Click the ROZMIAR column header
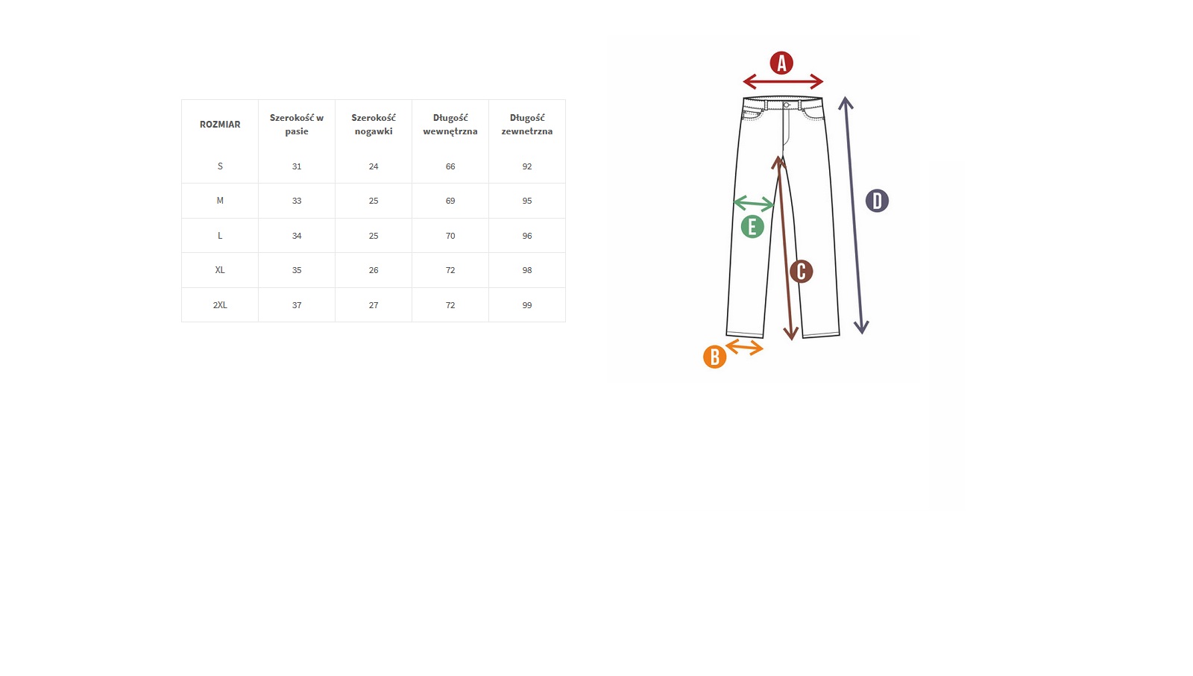tap(220, 124)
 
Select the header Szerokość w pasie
tap(297, 124)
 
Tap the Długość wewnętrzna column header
tap(450, 124)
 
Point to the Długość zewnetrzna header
tap(526, 124)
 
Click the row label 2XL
tap(220, 305)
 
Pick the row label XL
tap(220, 270)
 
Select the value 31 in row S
tap(297, 166)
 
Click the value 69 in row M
tap(450, 201)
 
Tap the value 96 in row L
tap(526, 236)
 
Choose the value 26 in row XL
tap(374, 270)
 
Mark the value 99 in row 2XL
tap(526, 305)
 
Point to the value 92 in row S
tap(526, 166)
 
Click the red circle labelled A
tap(781, 63)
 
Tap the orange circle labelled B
tap(715, 357)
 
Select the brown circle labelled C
tap(801, 272)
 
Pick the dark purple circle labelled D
tap(877, 201)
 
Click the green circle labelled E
tap(752, 227)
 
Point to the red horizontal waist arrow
tap(783, 81)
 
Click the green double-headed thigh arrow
tap(754, 203)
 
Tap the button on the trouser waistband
tap(787, 105)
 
